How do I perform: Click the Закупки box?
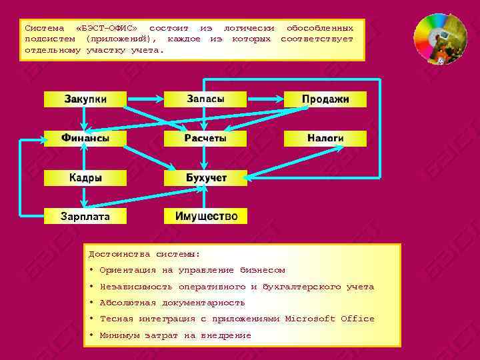point(85,99)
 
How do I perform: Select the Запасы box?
point(205,99)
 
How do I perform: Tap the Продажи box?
point(325,99)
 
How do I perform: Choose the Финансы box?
point(85,139)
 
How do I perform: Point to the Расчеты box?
point(205,139)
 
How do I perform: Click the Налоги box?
point(325,139)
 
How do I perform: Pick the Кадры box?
point(85,178)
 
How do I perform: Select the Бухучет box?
point(205,178)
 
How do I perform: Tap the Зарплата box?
point(85,216)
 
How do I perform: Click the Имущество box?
point(205,216)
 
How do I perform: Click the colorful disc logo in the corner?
point(440,39)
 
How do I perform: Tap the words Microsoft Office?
point(330,319)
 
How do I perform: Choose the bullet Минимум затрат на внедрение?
point(175,335)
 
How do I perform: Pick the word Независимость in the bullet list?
point(136,287)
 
